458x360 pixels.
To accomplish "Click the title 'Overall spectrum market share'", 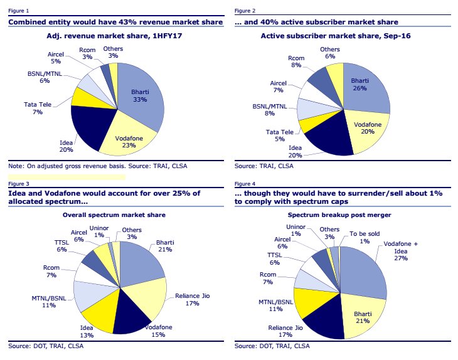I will coord(118,215).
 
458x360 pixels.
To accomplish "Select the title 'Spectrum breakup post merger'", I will coord(343,215).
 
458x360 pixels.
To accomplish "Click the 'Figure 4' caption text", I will coord(244,184).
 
